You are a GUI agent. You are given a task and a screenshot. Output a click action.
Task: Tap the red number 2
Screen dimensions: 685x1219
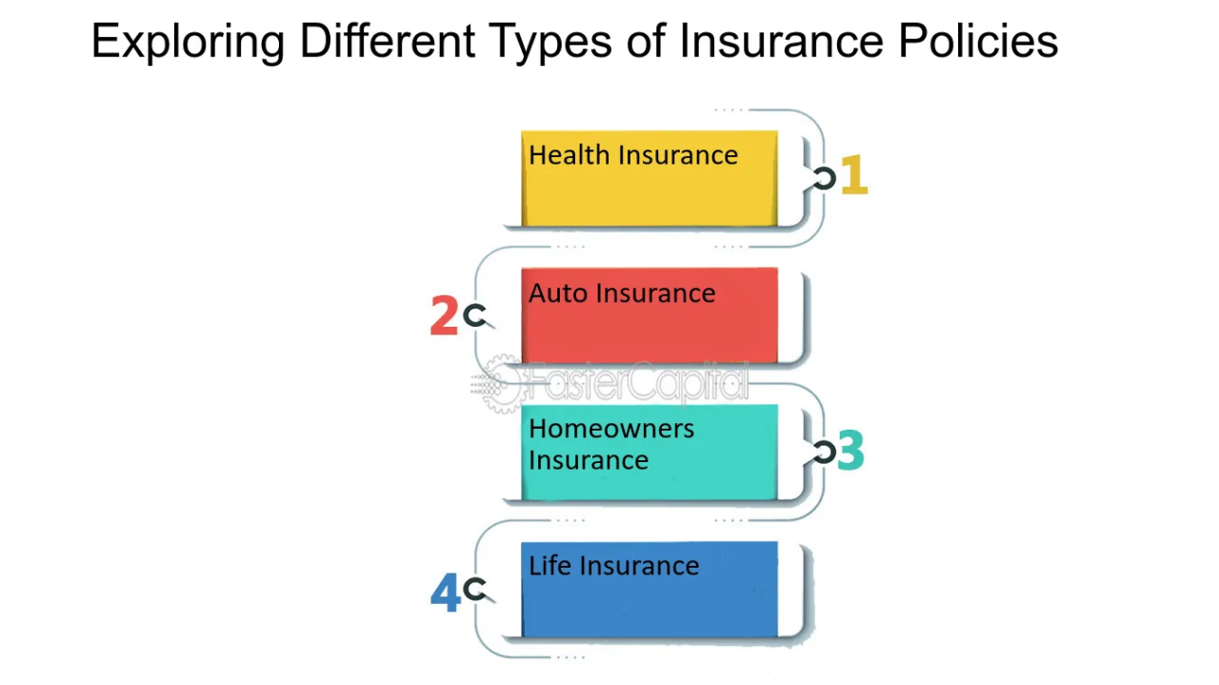tap(443, 316)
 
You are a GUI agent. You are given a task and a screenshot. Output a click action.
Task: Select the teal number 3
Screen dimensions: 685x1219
tap(850, 452)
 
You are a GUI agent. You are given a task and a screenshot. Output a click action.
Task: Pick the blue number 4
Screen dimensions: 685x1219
tap(445, 593)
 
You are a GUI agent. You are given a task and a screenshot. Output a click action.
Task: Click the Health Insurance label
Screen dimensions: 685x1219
tap(633, 155)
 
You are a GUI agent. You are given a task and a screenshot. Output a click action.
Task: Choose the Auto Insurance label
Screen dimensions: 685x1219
tap(622, 292)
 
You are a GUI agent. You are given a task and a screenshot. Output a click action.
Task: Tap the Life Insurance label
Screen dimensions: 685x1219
tap(614, 566)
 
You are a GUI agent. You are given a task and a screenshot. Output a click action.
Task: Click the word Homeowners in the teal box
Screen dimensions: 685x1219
tap(611, 429)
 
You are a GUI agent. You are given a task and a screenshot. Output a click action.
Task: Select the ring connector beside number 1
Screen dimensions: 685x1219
tap(825, 178)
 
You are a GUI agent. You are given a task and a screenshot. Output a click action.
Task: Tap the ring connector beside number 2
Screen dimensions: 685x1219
tap(474, 315)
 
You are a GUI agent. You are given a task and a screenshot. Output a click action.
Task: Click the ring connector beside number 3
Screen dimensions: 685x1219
tap(824, 453)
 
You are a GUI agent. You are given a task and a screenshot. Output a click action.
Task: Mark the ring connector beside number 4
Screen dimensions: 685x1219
tap(474, 590)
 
